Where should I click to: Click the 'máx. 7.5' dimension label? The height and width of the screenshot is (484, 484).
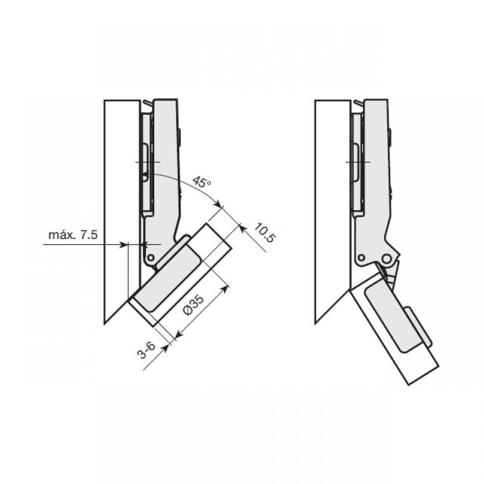(73, 235)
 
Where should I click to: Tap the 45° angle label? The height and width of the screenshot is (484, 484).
(202, 182)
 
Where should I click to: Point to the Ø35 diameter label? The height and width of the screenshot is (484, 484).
(194, 305)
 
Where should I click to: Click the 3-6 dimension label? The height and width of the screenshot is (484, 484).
(147, 350)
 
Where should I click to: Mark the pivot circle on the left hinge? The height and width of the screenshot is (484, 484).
(151, 258)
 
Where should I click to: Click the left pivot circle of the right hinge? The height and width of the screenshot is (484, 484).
(361, 258)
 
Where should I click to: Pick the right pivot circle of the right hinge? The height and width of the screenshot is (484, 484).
(386, 258)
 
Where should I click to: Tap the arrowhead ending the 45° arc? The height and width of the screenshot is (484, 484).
(219, 204)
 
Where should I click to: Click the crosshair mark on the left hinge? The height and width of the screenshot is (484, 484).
(148, 162)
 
